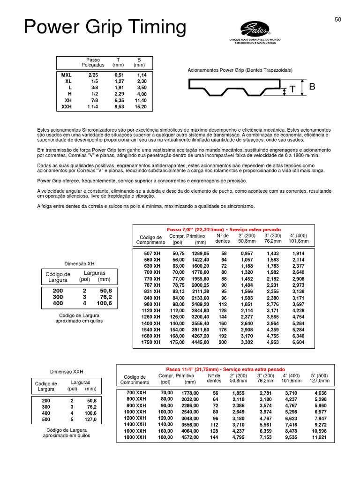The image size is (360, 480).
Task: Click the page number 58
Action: coord(338,19)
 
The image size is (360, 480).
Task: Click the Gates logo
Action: coord(255,30)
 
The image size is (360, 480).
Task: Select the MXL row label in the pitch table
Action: coord(67,75)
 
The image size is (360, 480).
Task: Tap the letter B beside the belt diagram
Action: coord(312,87)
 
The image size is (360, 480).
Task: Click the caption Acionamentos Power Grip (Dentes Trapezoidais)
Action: coord(240,70)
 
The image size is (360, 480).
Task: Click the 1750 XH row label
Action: coord(150,343)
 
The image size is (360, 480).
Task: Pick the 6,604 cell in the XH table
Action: coord(298,343)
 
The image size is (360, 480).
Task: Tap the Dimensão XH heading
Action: coord(81,263)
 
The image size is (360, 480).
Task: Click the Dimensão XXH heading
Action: coord(67,371)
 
